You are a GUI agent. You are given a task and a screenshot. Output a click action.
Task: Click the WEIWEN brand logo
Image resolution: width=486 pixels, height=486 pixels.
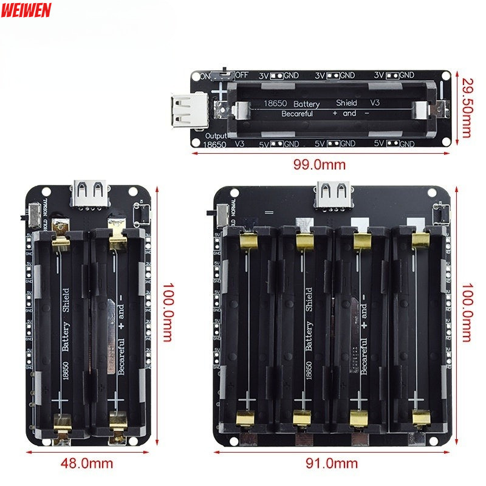point(26,10)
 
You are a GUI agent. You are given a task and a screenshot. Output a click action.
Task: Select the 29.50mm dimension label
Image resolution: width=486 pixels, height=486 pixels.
point(467,108)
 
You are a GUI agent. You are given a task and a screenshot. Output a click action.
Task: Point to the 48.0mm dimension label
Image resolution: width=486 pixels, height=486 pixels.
point(87,463)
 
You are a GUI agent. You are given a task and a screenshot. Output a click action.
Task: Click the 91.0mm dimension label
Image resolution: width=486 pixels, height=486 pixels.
point(334,464)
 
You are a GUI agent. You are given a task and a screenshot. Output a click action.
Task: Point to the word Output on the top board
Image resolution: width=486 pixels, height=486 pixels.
point(216,135)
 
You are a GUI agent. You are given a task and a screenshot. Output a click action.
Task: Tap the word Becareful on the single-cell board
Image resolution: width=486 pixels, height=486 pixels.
point(297,114)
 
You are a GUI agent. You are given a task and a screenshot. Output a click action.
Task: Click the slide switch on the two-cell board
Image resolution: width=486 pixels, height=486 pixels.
point(33,214)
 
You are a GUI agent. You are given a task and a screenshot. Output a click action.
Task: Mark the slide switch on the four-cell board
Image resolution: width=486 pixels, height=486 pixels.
point(221,214)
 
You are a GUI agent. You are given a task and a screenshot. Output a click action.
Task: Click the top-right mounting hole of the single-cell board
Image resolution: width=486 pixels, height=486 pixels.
point(446,75)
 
